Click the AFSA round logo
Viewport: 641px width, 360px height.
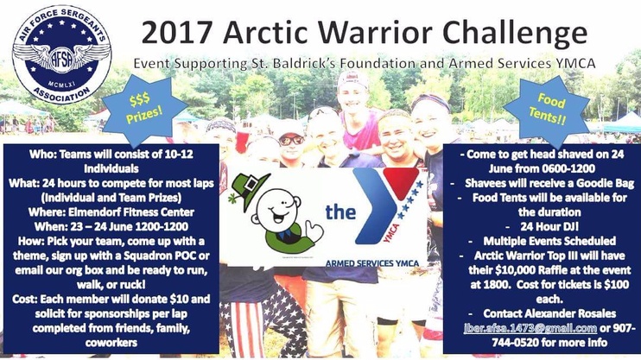click(61, 54)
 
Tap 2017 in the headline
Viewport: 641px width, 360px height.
click(177, 33)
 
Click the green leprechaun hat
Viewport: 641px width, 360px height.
click(250, 189)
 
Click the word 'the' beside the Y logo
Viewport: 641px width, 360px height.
click(340, 212)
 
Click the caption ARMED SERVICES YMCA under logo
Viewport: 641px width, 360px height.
click(372, 263)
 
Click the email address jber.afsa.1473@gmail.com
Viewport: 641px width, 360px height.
click(530, 328)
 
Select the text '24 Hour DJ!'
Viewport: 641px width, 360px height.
click(549, 226)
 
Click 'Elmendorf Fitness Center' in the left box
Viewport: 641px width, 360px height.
click(131, 212)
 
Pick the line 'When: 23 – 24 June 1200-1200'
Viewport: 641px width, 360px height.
click(111, 227)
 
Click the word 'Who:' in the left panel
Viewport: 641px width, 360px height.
click(42, 154)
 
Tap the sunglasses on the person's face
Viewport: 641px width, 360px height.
click(291, 140)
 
